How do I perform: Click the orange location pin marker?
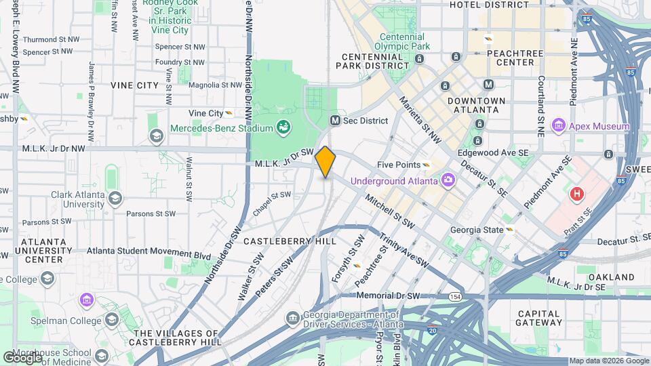[x=325, y=162]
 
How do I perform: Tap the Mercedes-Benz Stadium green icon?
[x=284, y=127]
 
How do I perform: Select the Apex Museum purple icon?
[x=559, y=125]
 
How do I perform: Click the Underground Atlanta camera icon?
[x=447, y=180]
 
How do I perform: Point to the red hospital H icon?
[x=577, y=195]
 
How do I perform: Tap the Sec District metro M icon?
[x=335, y=121]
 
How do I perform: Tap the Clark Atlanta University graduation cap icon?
[x=115, y=198]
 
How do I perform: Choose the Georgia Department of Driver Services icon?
[x=292, y=318]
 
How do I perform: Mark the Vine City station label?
[x=206, y=113]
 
